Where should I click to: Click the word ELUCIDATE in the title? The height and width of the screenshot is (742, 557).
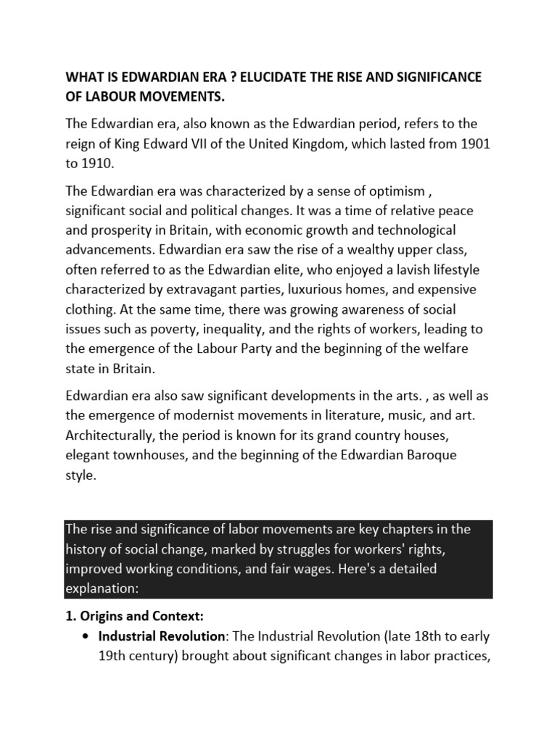tap(262, 78)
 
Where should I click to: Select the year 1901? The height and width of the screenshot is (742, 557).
tap(473, 143)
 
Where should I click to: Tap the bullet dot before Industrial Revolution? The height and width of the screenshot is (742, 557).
tap(86, 637)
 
